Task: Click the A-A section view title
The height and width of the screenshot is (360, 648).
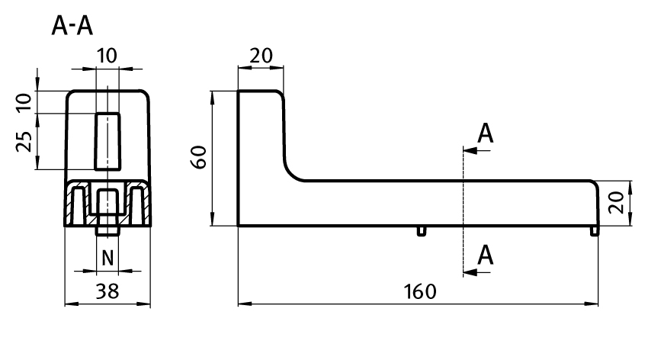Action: [72, 27]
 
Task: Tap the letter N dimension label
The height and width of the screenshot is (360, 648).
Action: [107, 257]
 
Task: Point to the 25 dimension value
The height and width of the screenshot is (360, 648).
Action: [24, 140]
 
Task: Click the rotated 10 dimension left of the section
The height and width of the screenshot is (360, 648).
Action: [24, 103]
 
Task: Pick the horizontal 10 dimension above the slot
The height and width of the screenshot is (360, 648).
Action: [107, 56]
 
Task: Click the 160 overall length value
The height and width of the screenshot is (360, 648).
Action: [419, 292]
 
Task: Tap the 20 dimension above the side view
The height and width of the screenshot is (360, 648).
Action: [261, 56]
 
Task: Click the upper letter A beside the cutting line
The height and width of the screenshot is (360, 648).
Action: [486, 134]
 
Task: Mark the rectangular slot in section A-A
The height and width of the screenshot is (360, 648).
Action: [107, 141]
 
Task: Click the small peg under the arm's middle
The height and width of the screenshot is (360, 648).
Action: [422, 230]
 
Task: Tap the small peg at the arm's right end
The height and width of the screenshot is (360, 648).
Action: [595, 230]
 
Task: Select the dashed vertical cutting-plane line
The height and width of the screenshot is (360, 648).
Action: [463, 206]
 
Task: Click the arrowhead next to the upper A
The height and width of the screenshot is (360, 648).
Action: [469, 151]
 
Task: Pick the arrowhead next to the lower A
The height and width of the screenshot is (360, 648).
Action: [469, 272]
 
